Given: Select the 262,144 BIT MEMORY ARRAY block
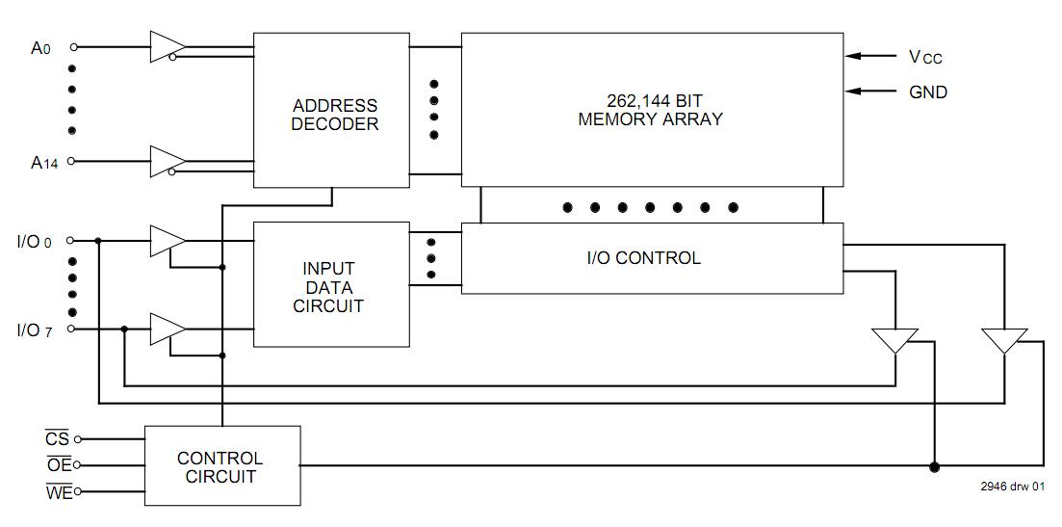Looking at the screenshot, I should coord(652,110).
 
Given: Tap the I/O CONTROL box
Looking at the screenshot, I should coord(652,258).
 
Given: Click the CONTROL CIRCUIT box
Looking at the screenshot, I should coord(221,467).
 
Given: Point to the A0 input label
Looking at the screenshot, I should coord(40,47).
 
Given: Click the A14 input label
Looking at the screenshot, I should coord(43,163).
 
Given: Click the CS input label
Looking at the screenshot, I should coord(58,439).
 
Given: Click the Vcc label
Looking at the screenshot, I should coord(925,57).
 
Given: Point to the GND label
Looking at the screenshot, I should coord(928,92).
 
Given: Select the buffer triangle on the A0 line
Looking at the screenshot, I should coord(167,46).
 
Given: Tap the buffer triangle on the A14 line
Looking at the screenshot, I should coord(167,161).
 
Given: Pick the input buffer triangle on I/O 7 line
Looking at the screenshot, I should coord(167,329).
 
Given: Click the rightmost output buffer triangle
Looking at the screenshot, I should coord(1004,341).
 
